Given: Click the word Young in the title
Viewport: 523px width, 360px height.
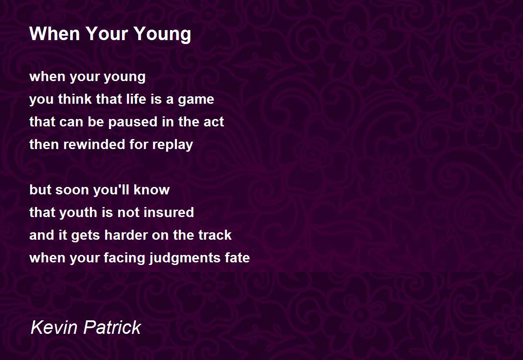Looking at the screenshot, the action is tap(163, 34).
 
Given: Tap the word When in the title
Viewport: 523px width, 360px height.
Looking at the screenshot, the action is tap(54, 34).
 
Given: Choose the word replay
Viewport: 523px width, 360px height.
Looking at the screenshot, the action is tap(173, 145).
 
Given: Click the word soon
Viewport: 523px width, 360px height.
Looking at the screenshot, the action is tap(72, 190).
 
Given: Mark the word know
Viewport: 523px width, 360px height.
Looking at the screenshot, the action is tap(152, 189).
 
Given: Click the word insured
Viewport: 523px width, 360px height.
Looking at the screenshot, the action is tap(169, 212).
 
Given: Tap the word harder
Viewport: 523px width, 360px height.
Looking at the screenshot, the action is tap(126, 234).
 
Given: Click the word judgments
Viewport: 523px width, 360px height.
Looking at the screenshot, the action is tap(185, 258).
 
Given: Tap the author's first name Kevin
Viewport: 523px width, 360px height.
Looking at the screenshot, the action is tap(54, 327).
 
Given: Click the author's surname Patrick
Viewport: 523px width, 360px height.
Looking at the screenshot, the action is tap(112, 327).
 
